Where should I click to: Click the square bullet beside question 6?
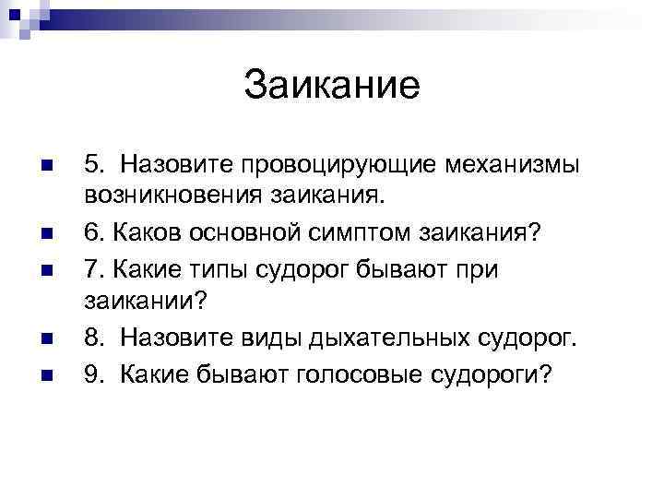click(x=54, y=233)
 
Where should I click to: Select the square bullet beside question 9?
click(x=54, y=373)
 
